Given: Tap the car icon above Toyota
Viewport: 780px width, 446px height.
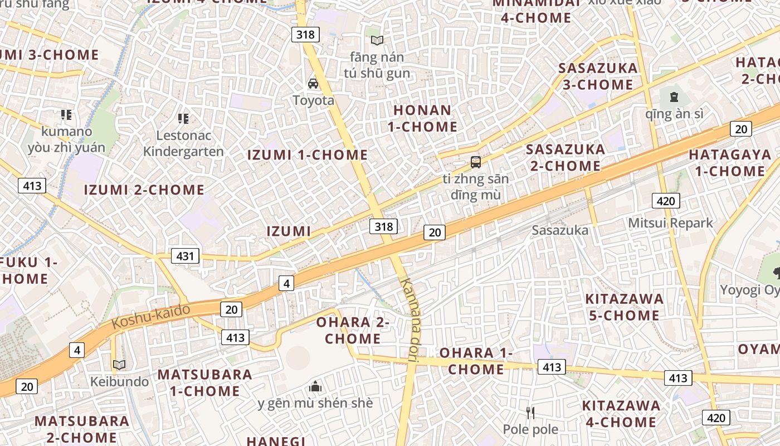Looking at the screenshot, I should [x=313, y=84].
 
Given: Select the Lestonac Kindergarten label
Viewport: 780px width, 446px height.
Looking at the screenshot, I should [x=183, y=143].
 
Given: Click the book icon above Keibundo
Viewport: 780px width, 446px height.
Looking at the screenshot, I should [x=119, y=365].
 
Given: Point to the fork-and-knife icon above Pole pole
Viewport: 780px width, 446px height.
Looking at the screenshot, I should [x=530, y=413].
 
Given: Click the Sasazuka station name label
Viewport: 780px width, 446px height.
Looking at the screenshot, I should [x=559, y=230].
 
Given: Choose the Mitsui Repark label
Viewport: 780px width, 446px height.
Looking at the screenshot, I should [x=670, y=223].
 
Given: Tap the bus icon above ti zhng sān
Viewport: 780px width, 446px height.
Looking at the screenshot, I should [x=475, y=162].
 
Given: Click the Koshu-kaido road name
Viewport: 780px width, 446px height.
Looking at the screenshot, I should [x=151, y=316].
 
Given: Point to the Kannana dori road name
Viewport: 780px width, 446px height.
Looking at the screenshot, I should [x=410, y=321].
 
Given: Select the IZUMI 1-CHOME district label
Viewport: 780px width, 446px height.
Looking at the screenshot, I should [x=308, y=155].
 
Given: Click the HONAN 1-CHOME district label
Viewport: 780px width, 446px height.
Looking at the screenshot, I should [x=422, y=118].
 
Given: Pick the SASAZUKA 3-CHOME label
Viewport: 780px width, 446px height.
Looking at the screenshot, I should [x=597, y=76].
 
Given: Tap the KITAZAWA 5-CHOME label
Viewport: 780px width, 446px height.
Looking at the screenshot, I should [x=624, y=307].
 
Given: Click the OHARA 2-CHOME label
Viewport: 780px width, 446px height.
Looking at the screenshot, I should [x=353, y=330].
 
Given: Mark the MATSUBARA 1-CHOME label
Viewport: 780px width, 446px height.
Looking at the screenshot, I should [x=204, y=382].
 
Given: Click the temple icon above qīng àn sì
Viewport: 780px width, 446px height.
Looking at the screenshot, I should [x=674, y=97].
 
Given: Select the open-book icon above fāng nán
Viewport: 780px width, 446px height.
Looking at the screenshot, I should [x=377, y=40].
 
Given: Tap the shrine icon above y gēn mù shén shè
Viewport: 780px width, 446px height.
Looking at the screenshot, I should [x=315, y=386].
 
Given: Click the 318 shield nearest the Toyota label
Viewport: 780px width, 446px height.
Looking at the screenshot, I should [x=305, y=35].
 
